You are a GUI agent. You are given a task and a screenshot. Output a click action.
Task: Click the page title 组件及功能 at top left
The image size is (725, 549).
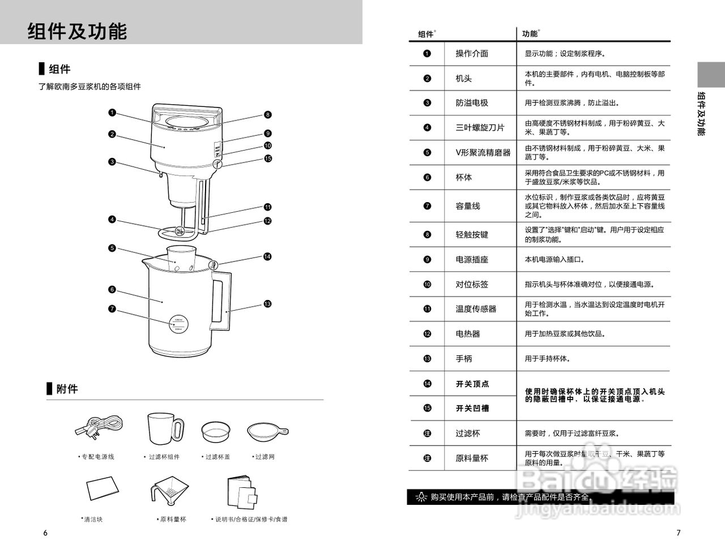point(77,31)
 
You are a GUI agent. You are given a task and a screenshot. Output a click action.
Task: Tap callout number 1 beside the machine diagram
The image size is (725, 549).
point(112,113)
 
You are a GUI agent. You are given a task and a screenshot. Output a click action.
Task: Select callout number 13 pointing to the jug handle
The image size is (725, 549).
point(267,304)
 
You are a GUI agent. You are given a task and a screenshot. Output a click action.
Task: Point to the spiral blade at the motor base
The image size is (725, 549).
point(179,231)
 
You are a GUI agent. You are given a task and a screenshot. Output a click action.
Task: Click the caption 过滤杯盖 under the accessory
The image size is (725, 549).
point(217,457)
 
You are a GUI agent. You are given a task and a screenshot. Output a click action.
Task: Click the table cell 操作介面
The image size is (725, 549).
point(472,54)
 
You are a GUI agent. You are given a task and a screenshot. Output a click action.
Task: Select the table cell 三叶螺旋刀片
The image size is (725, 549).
point(480,128)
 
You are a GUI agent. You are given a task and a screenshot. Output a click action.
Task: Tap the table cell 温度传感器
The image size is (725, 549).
point(476,309)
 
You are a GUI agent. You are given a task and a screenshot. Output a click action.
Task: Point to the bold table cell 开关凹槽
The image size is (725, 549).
point(472,409)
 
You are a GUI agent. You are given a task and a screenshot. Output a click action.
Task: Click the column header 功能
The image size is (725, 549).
point(530,34)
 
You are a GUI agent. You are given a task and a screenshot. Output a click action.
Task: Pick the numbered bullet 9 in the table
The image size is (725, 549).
point(427,260)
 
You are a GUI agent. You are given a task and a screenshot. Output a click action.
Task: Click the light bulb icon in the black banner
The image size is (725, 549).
point(420,497)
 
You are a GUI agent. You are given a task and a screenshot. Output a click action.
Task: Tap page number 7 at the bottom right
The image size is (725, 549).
point(679,533)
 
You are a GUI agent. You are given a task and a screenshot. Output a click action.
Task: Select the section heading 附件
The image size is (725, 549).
point(67,389)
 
